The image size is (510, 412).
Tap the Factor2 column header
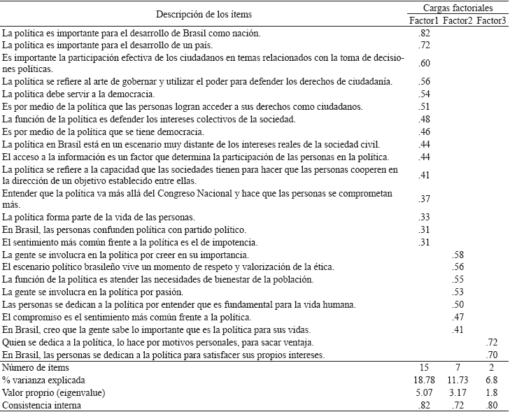pyautogui.click(x=458, y=20)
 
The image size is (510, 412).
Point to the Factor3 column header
pyautogui.click(x=493, y=20)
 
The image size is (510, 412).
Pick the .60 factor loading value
pyautogui.click(x=424, y=64)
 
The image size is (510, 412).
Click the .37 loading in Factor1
pyautogui.click(x=424, y=199)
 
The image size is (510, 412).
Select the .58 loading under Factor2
pyautogui.click(x=459, y=255)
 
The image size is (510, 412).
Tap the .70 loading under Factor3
pyautogui.click(x=493, y=355)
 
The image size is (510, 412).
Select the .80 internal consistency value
pyautogui.click(x=493, y=405)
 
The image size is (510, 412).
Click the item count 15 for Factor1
pyautogui.click(x=423, y=367)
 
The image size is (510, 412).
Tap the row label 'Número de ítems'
pyautogui.click(x=34, y=367)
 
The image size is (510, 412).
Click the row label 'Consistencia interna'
pyautogui.click(x=41, y=405)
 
